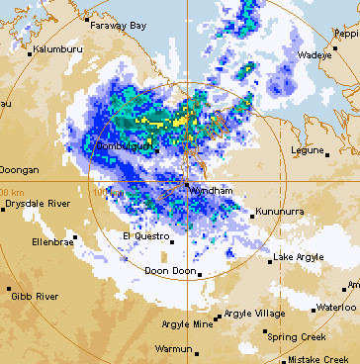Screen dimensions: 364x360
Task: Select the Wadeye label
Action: point(315,55)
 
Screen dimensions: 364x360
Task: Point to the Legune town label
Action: point(308,150)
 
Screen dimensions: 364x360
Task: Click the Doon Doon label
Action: point(167,271)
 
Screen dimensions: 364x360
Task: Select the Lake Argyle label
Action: point(299,257)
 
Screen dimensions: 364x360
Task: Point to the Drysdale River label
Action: point(37,203)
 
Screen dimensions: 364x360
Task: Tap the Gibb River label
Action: point(35,296)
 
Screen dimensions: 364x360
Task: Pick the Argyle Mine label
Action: point(188,323)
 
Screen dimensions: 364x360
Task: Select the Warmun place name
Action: point(176,348)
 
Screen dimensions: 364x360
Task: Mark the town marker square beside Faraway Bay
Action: point(87,19)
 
